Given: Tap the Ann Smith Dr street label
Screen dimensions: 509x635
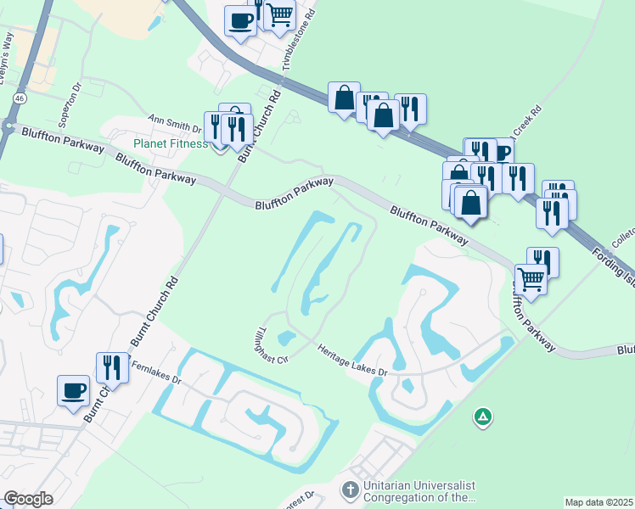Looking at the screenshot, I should (174, 125).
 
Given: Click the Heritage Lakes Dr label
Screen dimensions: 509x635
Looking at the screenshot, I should (352, 361).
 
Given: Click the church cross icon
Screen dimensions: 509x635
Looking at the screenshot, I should (349, 489).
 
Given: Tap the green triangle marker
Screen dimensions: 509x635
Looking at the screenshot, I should (482, 417).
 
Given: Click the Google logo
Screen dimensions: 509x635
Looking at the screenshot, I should (28, 498).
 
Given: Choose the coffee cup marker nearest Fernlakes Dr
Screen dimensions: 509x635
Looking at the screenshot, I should (73, 389).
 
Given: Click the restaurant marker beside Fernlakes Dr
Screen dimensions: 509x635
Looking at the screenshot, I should (112, 367).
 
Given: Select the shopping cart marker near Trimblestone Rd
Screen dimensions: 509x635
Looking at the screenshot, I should (278, 14).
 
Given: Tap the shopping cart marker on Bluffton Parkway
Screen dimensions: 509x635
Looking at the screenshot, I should (531, 277).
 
